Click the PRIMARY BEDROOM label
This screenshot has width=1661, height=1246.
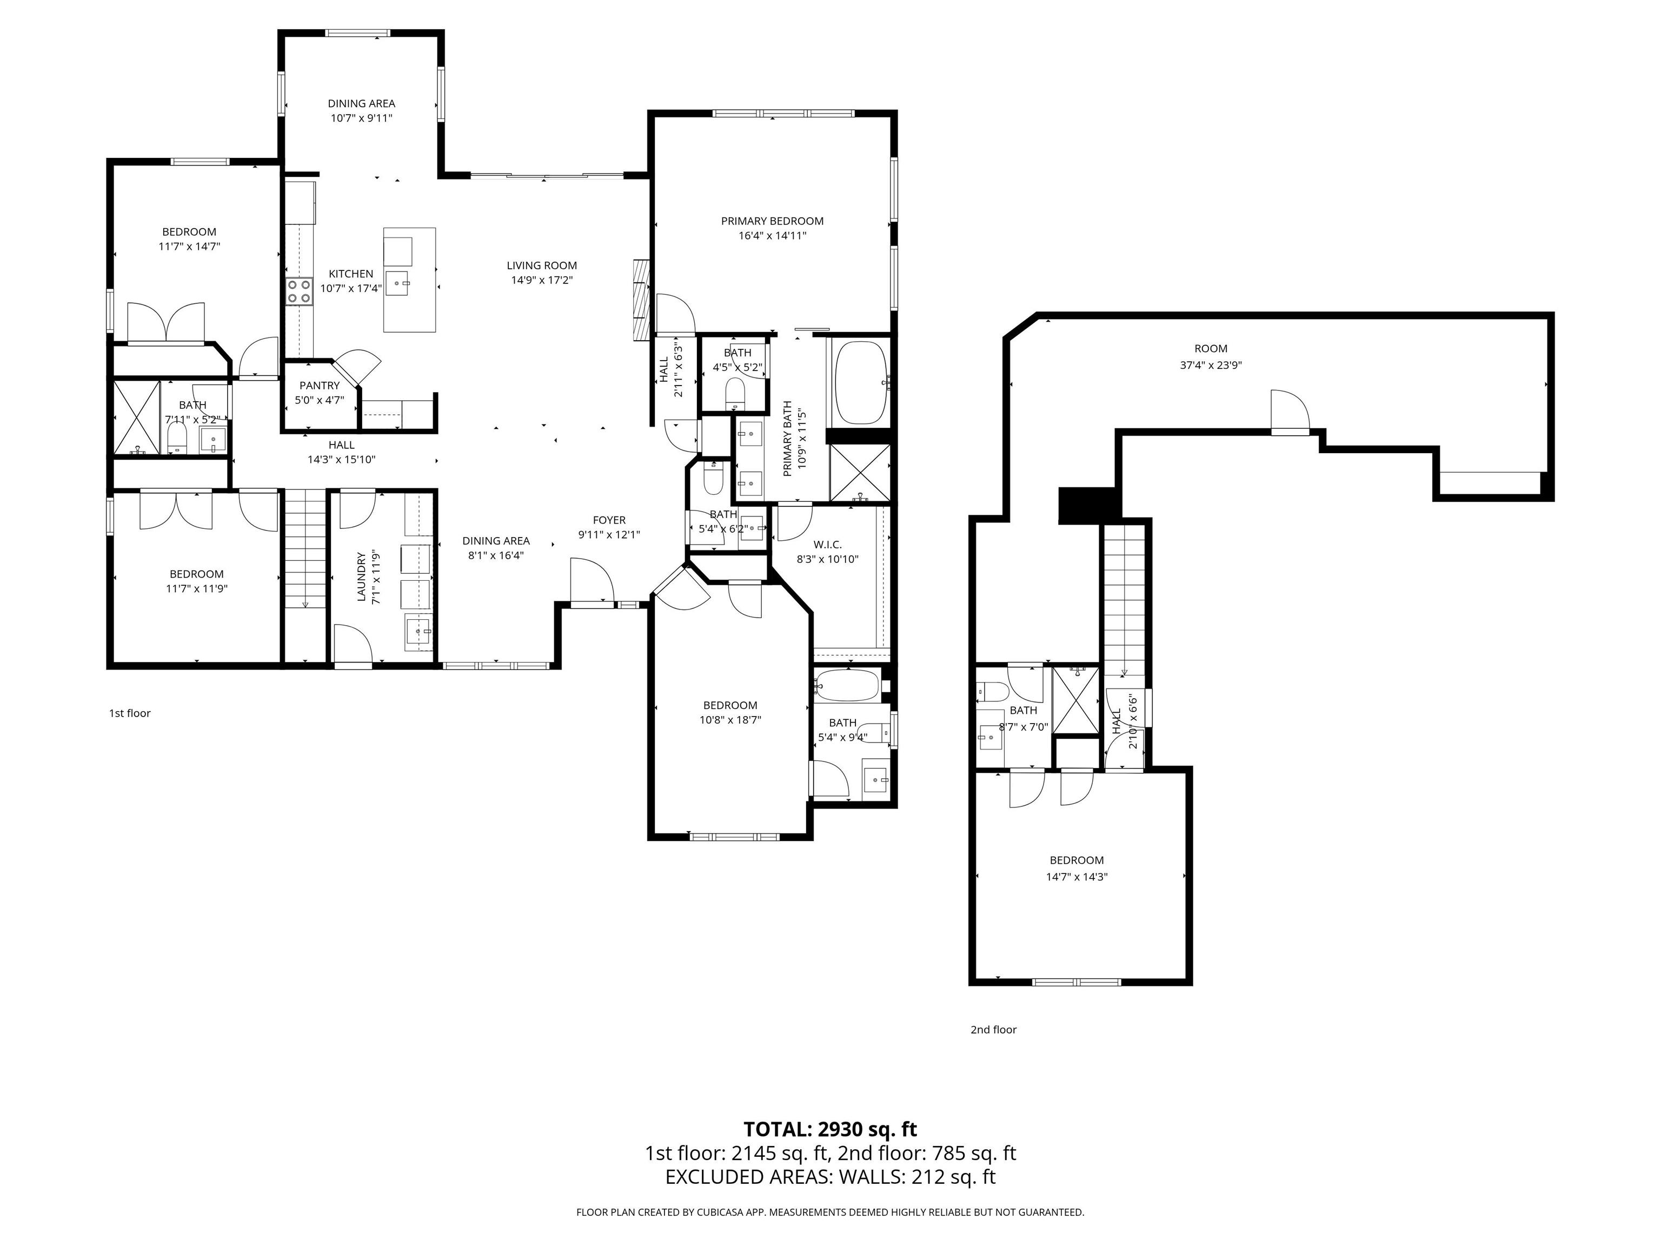coord(772,221)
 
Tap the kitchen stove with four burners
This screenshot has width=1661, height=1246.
coord(299,290)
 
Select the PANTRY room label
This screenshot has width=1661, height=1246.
coord(320,385)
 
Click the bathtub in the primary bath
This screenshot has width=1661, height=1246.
coord(861,382)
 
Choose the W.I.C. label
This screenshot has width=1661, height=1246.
coord(827,545)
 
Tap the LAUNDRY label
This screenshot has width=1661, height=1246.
coord(361,577)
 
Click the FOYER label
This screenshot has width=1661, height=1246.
coord(609,520)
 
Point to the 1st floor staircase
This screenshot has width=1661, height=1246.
coord(305,548)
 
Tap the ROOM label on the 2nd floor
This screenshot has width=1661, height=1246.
coord(1211,348)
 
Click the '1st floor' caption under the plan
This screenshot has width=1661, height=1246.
coord(130,713)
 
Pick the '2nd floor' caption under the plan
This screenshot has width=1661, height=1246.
coord(993,1030)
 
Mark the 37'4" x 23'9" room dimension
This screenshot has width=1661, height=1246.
coord(1211,366)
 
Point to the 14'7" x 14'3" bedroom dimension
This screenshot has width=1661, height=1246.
coord(1077,877)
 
